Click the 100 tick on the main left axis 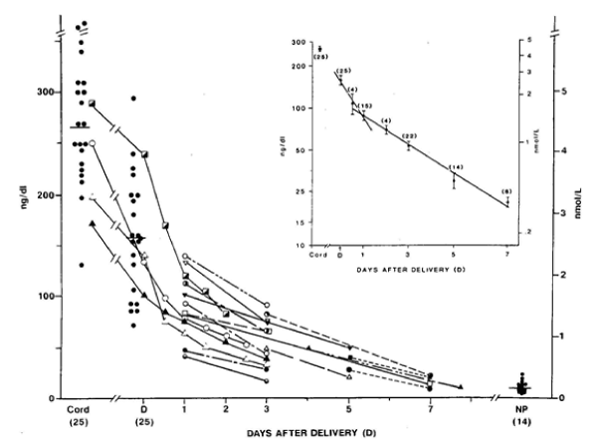[x=48, y=297]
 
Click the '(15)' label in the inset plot [x=365, y=106]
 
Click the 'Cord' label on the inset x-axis [x=318, y=256]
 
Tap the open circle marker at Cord [x=92, y=143]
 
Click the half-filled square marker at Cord [x=93, y=103]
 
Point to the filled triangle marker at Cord [x=93, y=223]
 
